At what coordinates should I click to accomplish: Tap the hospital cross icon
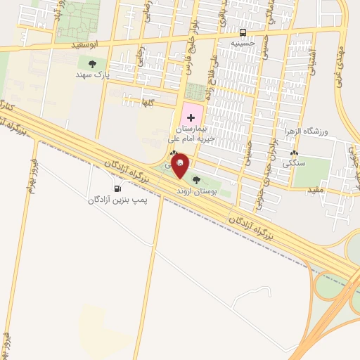coord(191,117)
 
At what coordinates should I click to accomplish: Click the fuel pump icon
coord(117,188)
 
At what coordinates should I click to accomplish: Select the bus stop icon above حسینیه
coord(243,32)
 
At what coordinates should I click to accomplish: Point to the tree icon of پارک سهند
coord(92,63)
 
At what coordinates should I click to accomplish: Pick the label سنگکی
coord(294,162)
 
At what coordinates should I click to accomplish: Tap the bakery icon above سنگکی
coord(294,152)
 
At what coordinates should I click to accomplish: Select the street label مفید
coord(314,189)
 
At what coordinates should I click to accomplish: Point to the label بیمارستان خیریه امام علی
coord(197,134)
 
